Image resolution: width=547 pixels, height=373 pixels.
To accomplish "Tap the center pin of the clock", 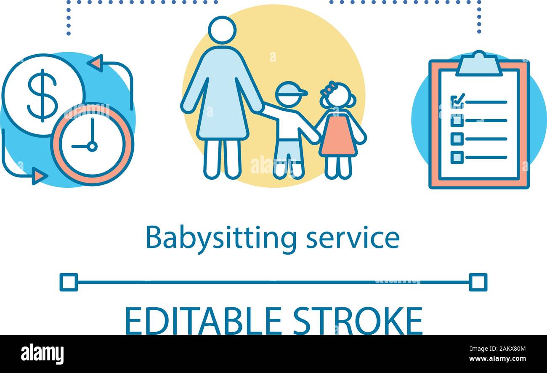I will [92, 147].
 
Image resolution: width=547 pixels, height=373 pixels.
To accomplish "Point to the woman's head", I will [222, 29].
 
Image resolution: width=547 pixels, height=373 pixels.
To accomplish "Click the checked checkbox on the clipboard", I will [457, 101].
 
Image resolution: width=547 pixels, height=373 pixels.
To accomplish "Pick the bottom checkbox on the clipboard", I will [457, 157].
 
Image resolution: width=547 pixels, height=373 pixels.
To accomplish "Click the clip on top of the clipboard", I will [479, 63].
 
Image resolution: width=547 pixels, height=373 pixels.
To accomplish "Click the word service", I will [353, 238].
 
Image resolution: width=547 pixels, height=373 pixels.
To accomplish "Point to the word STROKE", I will [358, 321].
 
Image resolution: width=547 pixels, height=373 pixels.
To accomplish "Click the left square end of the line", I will [69, 282].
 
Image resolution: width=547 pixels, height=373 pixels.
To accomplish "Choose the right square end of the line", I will [478, 282].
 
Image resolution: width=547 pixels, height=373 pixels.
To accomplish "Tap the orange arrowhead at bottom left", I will [39, 176].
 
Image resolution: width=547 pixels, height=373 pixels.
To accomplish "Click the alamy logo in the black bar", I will [42, 354].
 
